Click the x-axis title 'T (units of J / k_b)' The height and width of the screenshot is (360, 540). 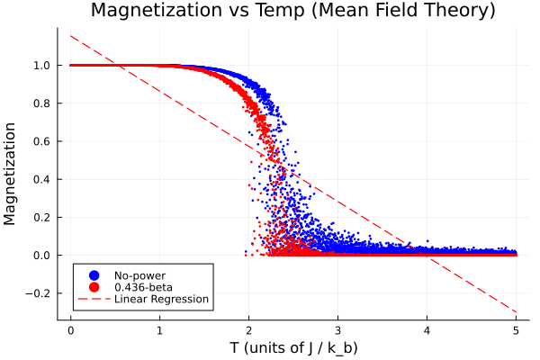pos(293,347)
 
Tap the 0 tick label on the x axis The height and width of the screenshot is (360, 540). pos(70,329)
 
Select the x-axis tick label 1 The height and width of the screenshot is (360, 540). pos(159,329)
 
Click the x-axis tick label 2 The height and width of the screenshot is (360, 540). pos(248,329)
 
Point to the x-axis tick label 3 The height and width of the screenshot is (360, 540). pos(337,329)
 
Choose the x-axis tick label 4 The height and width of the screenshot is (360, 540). pos(427,329)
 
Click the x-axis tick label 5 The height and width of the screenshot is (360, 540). pos(516,329)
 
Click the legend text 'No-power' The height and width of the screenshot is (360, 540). pos(139,274)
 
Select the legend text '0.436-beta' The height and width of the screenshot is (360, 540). pos(142,287)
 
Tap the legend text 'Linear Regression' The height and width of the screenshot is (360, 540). pos(161,299)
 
